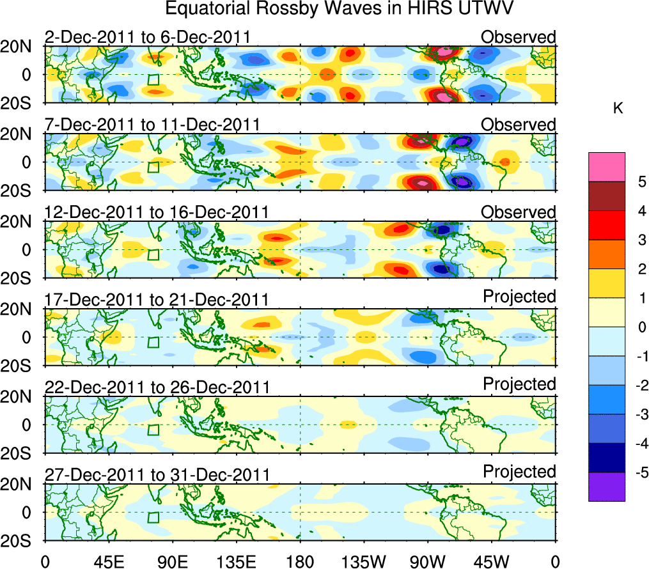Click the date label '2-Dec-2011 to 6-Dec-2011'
146,37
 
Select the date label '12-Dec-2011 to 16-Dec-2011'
156,212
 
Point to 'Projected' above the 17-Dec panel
519,297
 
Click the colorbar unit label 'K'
618,109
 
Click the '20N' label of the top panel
22,47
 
